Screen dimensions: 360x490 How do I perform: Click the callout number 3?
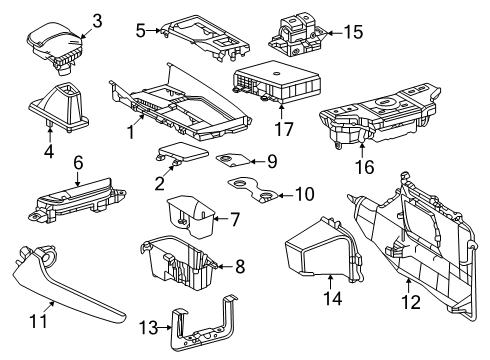point(97,20)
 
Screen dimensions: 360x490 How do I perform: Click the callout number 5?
point(141,30)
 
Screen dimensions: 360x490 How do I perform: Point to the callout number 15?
point(352,32)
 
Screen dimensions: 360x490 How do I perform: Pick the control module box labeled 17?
point(272,80)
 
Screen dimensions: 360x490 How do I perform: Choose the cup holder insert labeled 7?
point(188,213)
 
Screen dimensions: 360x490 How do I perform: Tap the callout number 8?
point(238,266)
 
